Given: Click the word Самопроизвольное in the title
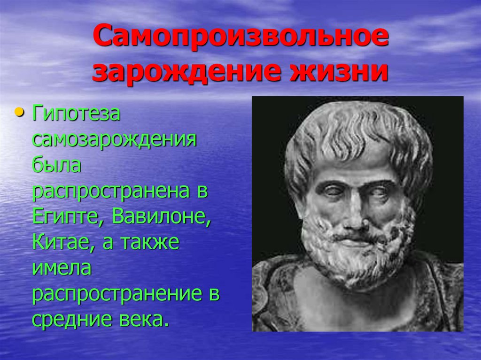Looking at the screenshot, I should click(x=240, y=38).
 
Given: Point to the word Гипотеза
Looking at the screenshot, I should click(x=76, y=115).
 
